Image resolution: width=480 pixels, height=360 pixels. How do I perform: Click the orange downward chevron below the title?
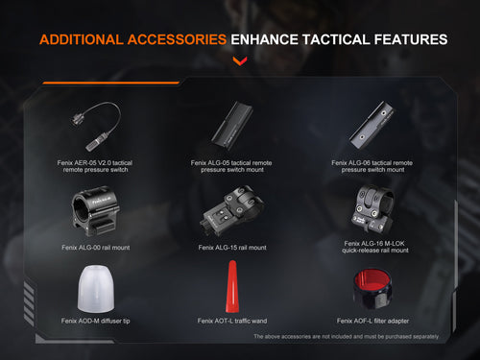pyautogui.click(x=239, y=62)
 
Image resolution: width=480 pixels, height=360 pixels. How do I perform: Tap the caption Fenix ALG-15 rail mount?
pyautogui.click(x=231, y=248)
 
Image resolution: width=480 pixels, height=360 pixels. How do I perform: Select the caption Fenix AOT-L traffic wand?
pyautogui.click(x=231, y=321)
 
